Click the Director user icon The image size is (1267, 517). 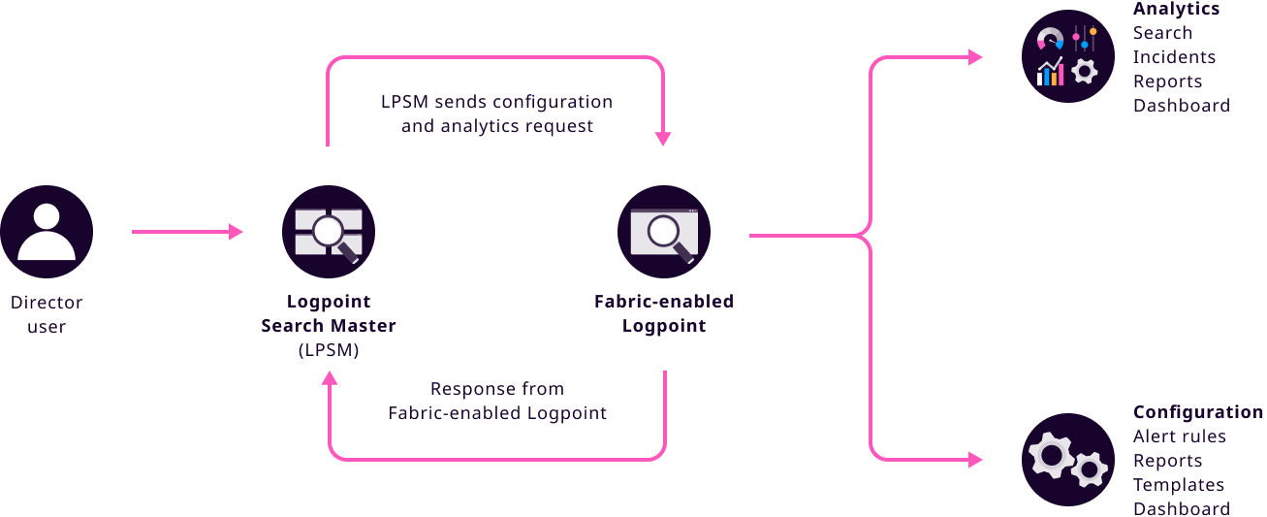[47, 233]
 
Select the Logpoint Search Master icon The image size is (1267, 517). [329, 233]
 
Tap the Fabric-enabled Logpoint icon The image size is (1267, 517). [664, 233]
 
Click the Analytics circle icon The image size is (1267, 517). [1068, 56]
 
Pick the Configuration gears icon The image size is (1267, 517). [1068, 460]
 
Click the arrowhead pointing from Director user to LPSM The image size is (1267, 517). [236, 232]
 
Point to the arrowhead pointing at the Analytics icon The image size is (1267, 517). [975, 57]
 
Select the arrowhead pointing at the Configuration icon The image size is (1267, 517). [975, 460]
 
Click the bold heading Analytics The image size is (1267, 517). [1176, 9]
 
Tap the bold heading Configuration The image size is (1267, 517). [1197, 412]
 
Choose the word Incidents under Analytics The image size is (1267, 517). [1174, 57]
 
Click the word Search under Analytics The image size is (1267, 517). [1162, 33]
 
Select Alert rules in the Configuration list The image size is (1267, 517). [1179, 436]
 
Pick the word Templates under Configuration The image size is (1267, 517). [1179, 485]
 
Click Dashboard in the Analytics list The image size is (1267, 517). [1181, 106]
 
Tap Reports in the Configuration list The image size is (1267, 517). [1167, 461]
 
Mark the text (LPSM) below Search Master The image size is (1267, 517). [329, 351]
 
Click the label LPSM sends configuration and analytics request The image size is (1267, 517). [497, 113]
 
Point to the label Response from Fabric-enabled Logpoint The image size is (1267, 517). [497, 401]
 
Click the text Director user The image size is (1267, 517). [47, 314]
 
